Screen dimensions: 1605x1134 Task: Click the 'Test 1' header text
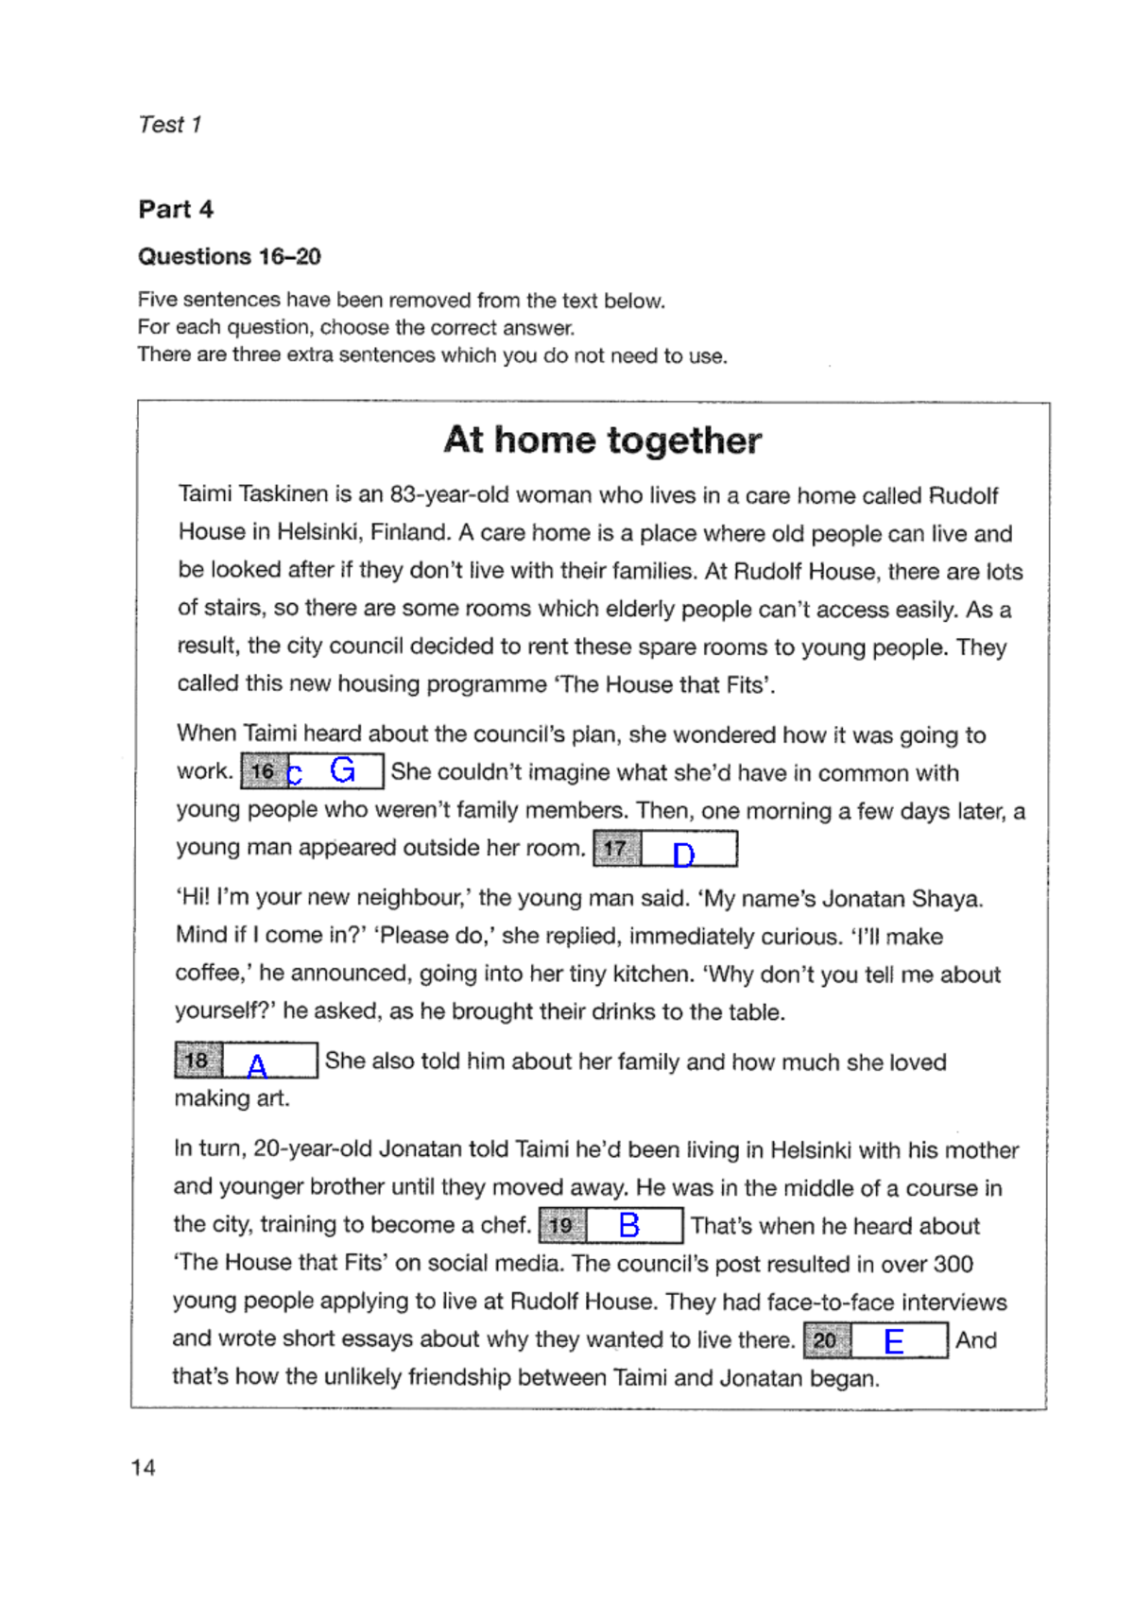tap(170, 125)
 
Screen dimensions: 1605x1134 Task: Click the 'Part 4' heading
tap(176, 209)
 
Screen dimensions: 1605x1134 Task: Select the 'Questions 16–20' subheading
tap(230, 256)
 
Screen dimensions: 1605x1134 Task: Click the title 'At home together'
tap(603, 440)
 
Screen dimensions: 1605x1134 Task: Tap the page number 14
tap(144, 1467)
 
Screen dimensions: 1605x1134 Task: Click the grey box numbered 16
tap(262, 771)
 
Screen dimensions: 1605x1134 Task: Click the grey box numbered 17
tap(615, 849)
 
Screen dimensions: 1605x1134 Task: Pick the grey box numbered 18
tap(197, 1061)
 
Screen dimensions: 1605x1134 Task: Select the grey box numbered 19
tap(561, 1226)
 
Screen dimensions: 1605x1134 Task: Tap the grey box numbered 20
tap(825, 1340)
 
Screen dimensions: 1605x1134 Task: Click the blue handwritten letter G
tap(343, 770)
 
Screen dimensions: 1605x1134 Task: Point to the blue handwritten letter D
tap(683, 854)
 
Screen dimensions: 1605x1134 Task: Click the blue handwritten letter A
tap(257, 1066)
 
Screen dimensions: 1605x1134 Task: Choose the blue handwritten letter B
tap(629, 1226)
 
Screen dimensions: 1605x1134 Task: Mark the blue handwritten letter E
tap(894, 1341)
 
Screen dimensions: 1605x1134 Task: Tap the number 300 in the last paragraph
tap(953, 1264)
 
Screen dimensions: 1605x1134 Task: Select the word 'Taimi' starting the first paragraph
tap(205, 494)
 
